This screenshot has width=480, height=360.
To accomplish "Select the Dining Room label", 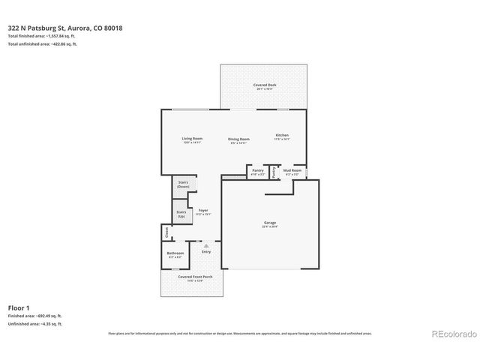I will [x=238, y=139].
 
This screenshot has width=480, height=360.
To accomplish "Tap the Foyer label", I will [x=203, y=212].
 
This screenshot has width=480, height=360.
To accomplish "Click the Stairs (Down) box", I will [x=183, y=184].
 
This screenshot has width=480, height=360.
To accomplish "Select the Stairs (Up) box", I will [x=181, y=214].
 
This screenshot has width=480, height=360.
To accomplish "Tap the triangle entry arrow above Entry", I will [x=205, y=244].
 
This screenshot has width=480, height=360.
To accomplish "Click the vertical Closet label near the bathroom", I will [x=166, y=233].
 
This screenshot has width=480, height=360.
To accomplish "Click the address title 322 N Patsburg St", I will [x=65, y=28].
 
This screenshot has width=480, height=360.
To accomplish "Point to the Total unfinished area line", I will [x=43, y=44].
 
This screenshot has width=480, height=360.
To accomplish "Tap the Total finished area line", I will [x=43, y=36].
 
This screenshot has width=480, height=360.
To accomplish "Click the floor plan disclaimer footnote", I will [x=239, y=332].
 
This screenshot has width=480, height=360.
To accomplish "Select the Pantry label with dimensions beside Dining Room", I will [x=257, y=172].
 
